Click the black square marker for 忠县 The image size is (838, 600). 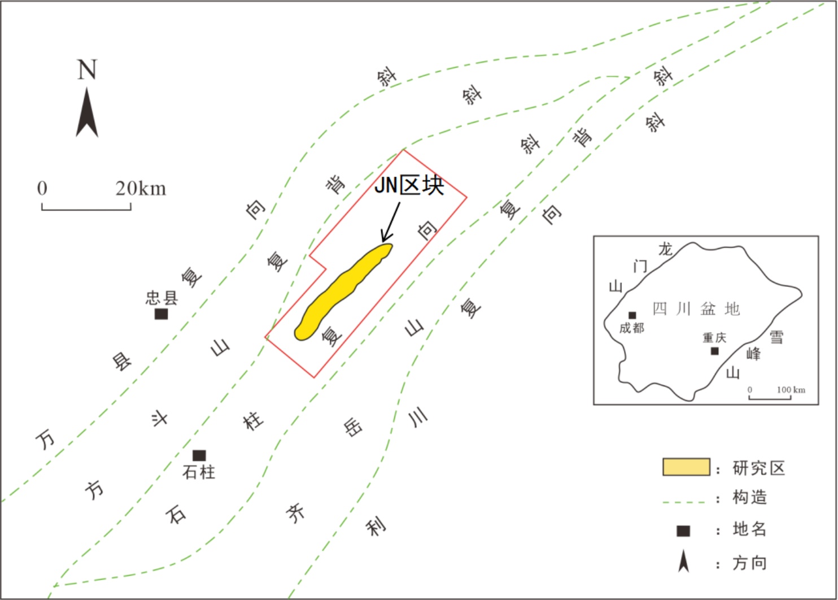point(162,314)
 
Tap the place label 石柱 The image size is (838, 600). point(199,472)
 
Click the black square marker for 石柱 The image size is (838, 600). point(199,455)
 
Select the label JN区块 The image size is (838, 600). point(409,185)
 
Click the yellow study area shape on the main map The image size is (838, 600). point(343,292)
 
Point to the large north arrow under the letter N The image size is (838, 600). point(87,112)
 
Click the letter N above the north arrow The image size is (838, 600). point(87,69)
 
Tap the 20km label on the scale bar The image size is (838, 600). point(141,188)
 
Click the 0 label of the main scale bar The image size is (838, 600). point(42,188)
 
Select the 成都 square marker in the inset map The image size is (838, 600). point(632,315)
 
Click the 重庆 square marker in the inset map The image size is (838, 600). point(714,351)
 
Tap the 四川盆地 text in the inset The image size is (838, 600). point(696,309)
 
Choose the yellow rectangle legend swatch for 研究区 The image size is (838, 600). point(687,467)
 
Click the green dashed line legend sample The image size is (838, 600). point(684,502)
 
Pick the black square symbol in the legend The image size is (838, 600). point(683,531)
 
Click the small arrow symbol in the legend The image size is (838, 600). point(683,561)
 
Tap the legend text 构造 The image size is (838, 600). point(750,497)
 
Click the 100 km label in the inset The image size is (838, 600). point(791,390)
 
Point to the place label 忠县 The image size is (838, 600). point(162,298)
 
